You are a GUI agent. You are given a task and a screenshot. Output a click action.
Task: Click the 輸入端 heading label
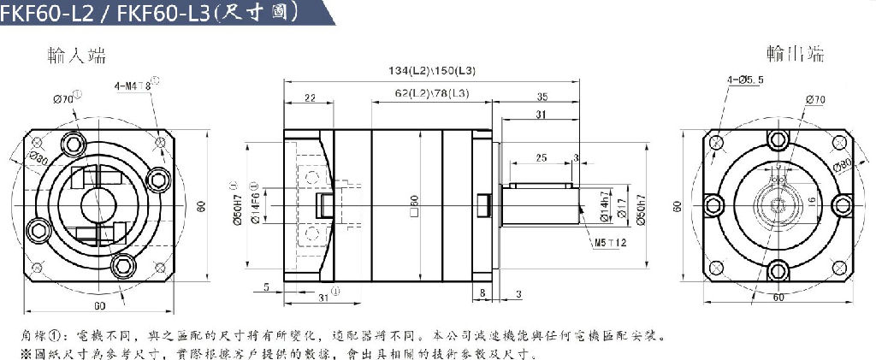pyautogui.click(x=77, y=56)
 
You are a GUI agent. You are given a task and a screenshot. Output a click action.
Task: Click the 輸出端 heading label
pyautogui.click(x=795, y=55)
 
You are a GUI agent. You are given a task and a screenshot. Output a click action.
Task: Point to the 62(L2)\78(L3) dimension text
pyautogui.click(x=432, y=93)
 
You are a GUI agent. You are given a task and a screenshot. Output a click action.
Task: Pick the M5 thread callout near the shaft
pyautogui.click(x=609, y=243)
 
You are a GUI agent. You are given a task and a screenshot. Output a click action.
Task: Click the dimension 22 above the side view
pyautogui.click(x=309, y=98)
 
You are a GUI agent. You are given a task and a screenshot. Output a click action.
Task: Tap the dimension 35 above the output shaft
pyautogui.click(x=541, y=97)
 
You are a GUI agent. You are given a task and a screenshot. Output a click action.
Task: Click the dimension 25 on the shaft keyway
pyautogui.click(x=541, y=158)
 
